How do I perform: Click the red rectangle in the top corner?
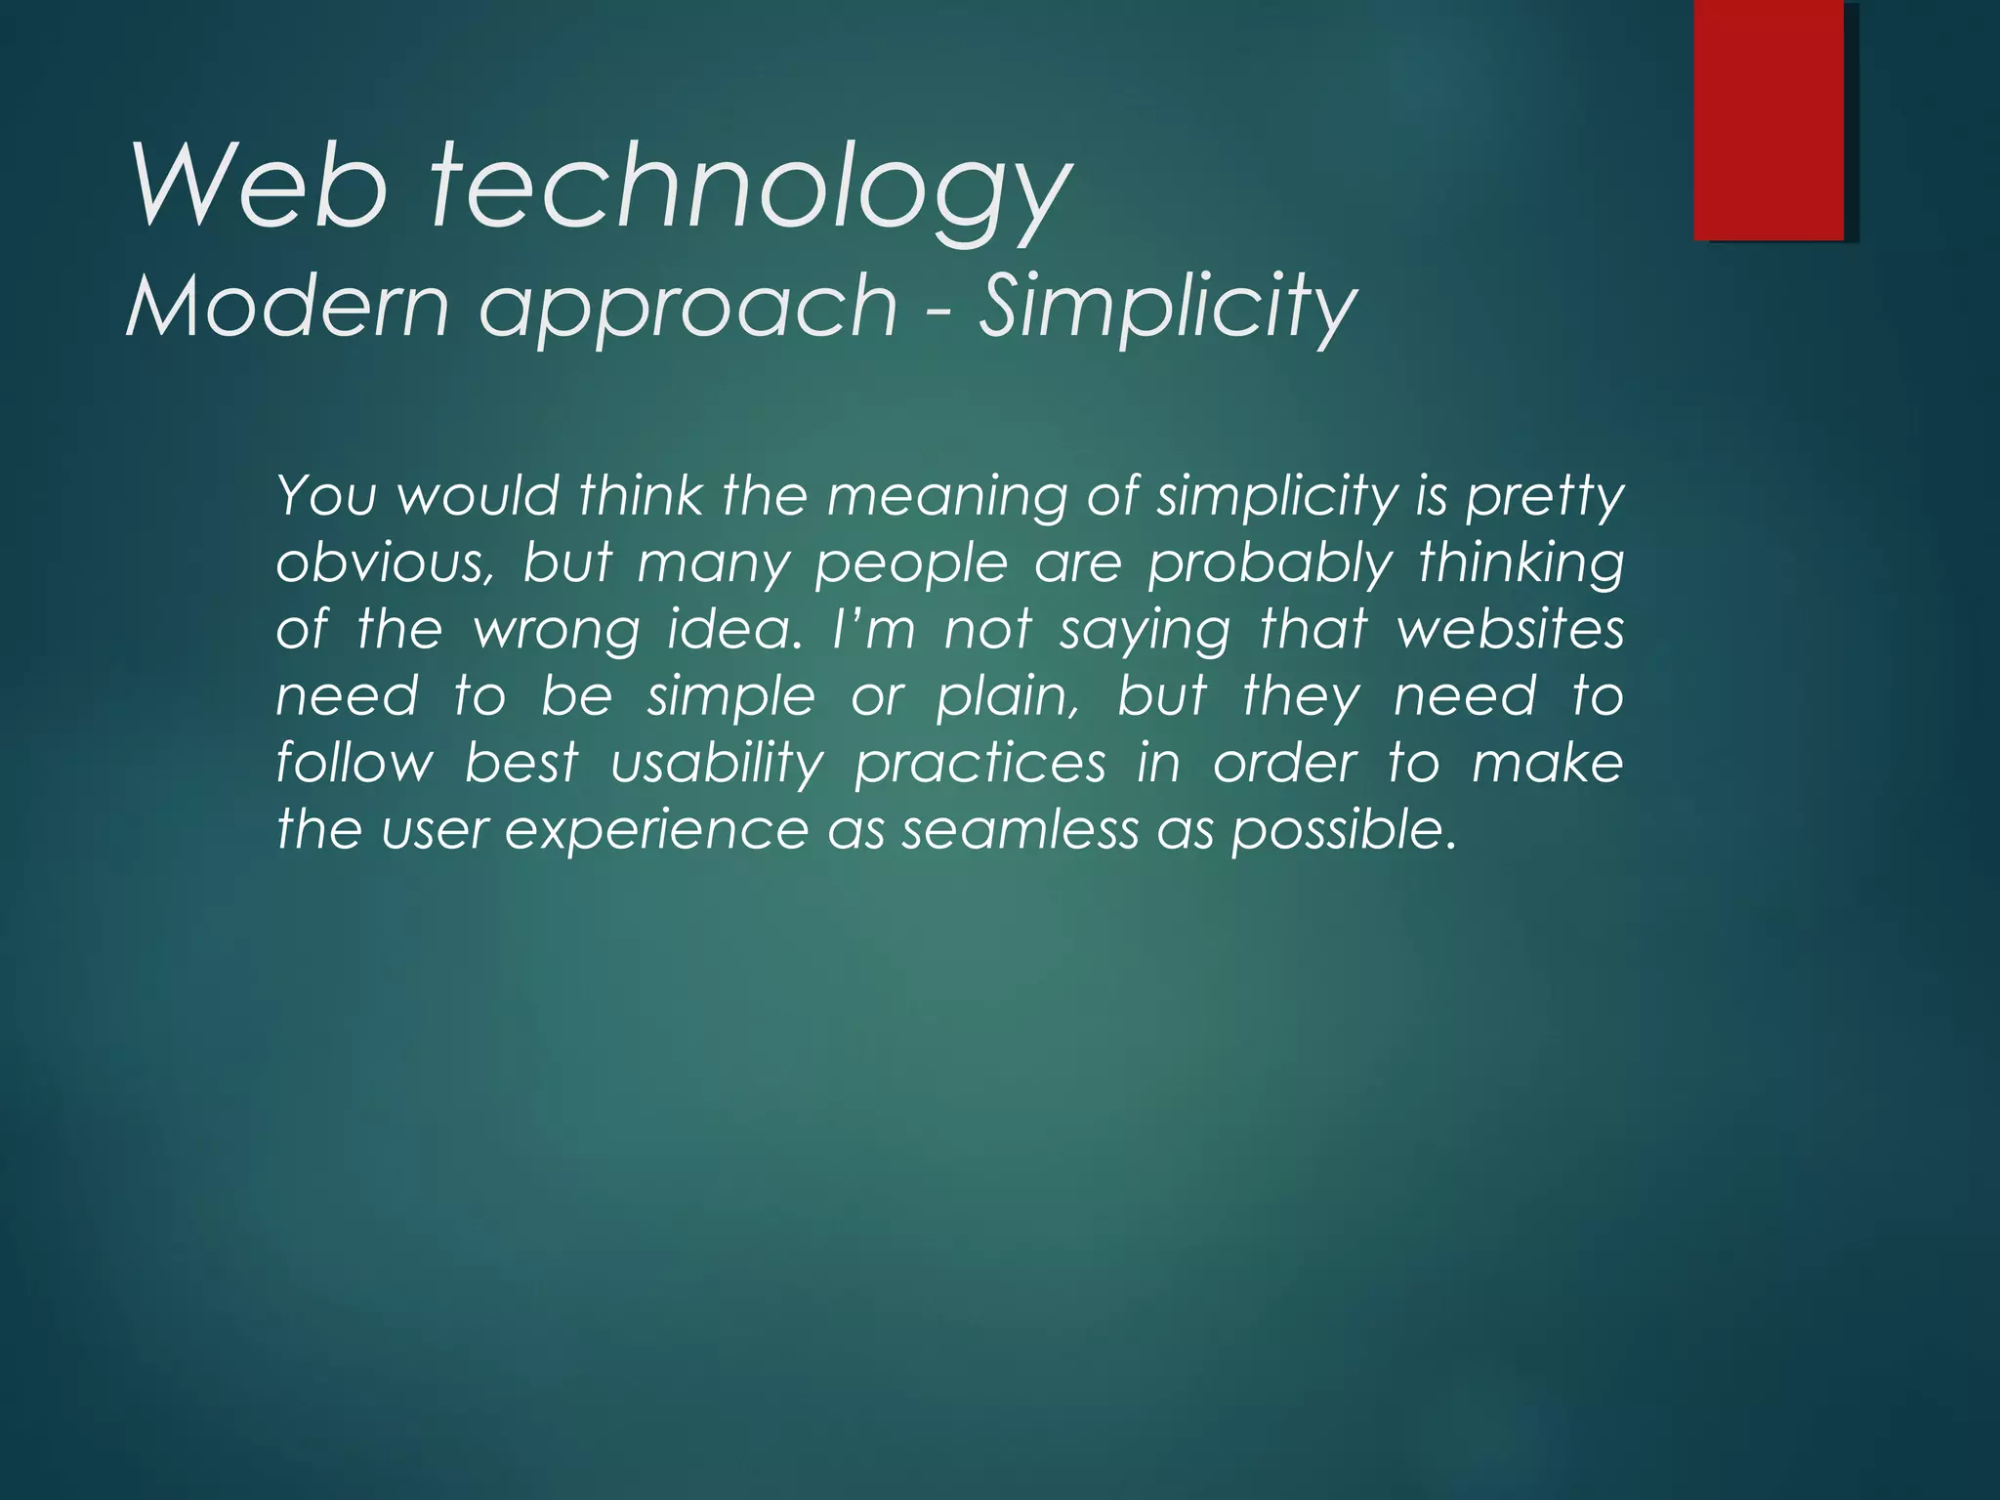click(x=1769, y=119)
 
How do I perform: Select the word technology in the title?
click(x=752, y=189)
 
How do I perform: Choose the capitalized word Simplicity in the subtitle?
click(x=1167, y=307)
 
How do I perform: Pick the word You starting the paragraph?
click(x=326, y=496)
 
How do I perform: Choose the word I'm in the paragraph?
click(x=874, y=630)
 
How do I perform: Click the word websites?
click(x=1510, y=630)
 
